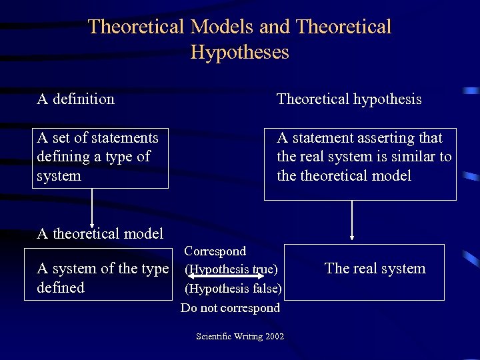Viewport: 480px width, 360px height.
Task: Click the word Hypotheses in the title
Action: [x=239, y=52]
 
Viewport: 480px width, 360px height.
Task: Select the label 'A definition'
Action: [x=75, y=99]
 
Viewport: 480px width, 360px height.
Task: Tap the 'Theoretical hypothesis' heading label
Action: [x=349, y=99]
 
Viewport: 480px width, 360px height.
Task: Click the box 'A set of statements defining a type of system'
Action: [x=100, y=157]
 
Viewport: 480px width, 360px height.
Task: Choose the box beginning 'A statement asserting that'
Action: [x=360, y=164]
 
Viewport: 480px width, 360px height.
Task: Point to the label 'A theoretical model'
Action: [x=100, y=233]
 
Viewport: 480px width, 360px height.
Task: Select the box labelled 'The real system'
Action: [x=364, y=272]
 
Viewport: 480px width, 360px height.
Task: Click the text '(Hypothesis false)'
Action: [x=233, y=289]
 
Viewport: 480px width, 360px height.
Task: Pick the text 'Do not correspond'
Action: [x=230, y=308]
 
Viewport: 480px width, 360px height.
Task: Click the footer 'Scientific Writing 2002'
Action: [x=240, y=336]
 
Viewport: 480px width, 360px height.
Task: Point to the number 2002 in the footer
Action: [x=274, y=336]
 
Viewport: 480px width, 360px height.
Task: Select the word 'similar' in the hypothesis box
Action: [x=415, y=157]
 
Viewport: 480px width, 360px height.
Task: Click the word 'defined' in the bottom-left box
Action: [x=61, y=287]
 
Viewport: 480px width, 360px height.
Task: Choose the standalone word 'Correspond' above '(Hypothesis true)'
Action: [x=215, y=251]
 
